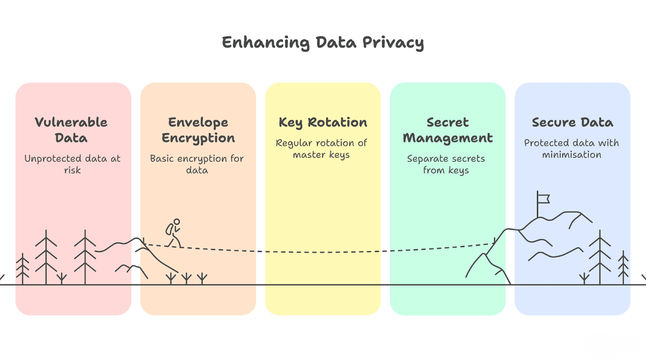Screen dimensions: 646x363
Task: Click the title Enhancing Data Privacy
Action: click(x=323, y=43)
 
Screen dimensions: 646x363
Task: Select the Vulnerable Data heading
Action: click(x=71, y=130)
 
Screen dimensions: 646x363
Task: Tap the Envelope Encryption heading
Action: click(x=198, y=130)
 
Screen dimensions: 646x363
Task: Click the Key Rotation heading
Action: click(x=323, y=123)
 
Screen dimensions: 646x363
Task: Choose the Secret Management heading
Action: click(x=448, y=130)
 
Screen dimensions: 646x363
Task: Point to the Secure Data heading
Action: click(x=573, y=122)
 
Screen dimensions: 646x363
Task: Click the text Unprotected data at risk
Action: click(x=72, y=164)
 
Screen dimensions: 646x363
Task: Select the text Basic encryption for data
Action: click(x=197, y=164)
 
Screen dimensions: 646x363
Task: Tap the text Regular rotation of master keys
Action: click(x=321, y=149)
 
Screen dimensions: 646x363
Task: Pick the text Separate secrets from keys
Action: click(x=446, y=164)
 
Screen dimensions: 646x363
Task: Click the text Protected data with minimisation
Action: click(x=571, y=148)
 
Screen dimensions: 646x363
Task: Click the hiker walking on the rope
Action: click(x=174, y=233)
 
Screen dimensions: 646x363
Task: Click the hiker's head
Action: click(x=177, y=221)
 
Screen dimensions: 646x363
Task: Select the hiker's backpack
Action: click(x=169, y=230)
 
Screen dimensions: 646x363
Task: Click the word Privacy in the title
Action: click(x=393, y=43)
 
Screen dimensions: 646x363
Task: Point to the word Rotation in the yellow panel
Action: click(x=338, y=122)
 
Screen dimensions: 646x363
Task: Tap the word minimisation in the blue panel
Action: click(x=572, y=155)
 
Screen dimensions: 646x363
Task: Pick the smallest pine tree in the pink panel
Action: click(x=22, y=269)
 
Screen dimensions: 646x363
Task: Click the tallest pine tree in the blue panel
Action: click(x=600, y=257)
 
